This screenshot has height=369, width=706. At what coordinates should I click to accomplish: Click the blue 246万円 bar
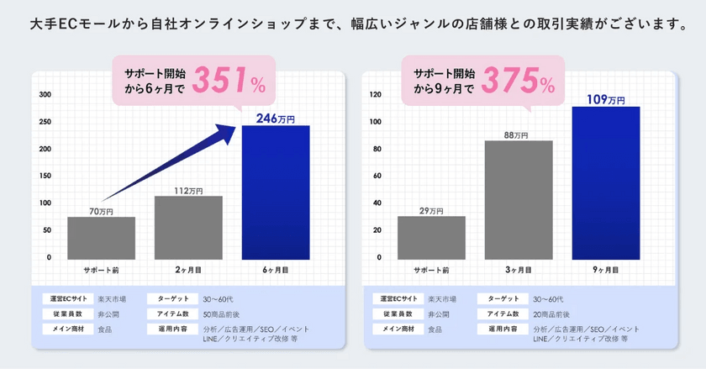click(x=276, y=192)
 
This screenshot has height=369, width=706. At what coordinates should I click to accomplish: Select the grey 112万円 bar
click(x=188, y=228)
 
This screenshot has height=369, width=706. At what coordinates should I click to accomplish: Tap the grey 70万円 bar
click(x=102, y=238)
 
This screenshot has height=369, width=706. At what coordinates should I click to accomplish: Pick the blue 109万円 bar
click(x=606, y=183)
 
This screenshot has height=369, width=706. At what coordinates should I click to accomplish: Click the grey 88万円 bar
click(x=519, y=200)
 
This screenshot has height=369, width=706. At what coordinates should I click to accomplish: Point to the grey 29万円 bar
click(x=431, y=238)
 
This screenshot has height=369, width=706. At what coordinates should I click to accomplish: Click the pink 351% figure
click(x=229, y=80)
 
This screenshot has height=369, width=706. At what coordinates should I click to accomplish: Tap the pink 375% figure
click(x=519, y=80)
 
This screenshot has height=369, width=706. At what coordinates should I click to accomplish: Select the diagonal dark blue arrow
click(x=169, y=163)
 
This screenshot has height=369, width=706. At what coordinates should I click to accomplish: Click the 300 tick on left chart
click(x=45, y=95)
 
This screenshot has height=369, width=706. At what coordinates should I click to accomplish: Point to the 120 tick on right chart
click(x=376, y=95)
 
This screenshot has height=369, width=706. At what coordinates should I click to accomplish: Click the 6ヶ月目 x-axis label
click(x=276, y=270)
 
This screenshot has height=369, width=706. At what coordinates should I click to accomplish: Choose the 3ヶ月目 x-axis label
click(x=519, y=270)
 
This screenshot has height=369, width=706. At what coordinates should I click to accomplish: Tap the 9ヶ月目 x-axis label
click(x=606, y=270)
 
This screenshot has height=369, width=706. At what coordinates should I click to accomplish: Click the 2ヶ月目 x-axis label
click(x=188, y=270)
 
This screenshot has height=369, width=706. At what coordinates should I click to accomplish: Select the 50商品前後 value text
click(x=221, y=314)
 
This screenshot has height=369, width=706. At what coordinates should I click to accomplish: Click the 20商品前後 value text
click(x=551, y=314)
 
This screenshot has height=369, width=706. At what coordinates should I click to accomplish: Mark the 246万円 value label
click(x=276, y=119)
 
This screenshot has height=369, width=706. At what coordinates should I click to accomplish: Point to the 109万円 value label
click(x=606, y=99)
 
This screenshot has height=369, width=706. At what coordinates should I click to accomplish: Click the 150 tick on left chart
click(x=45, y=176)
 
